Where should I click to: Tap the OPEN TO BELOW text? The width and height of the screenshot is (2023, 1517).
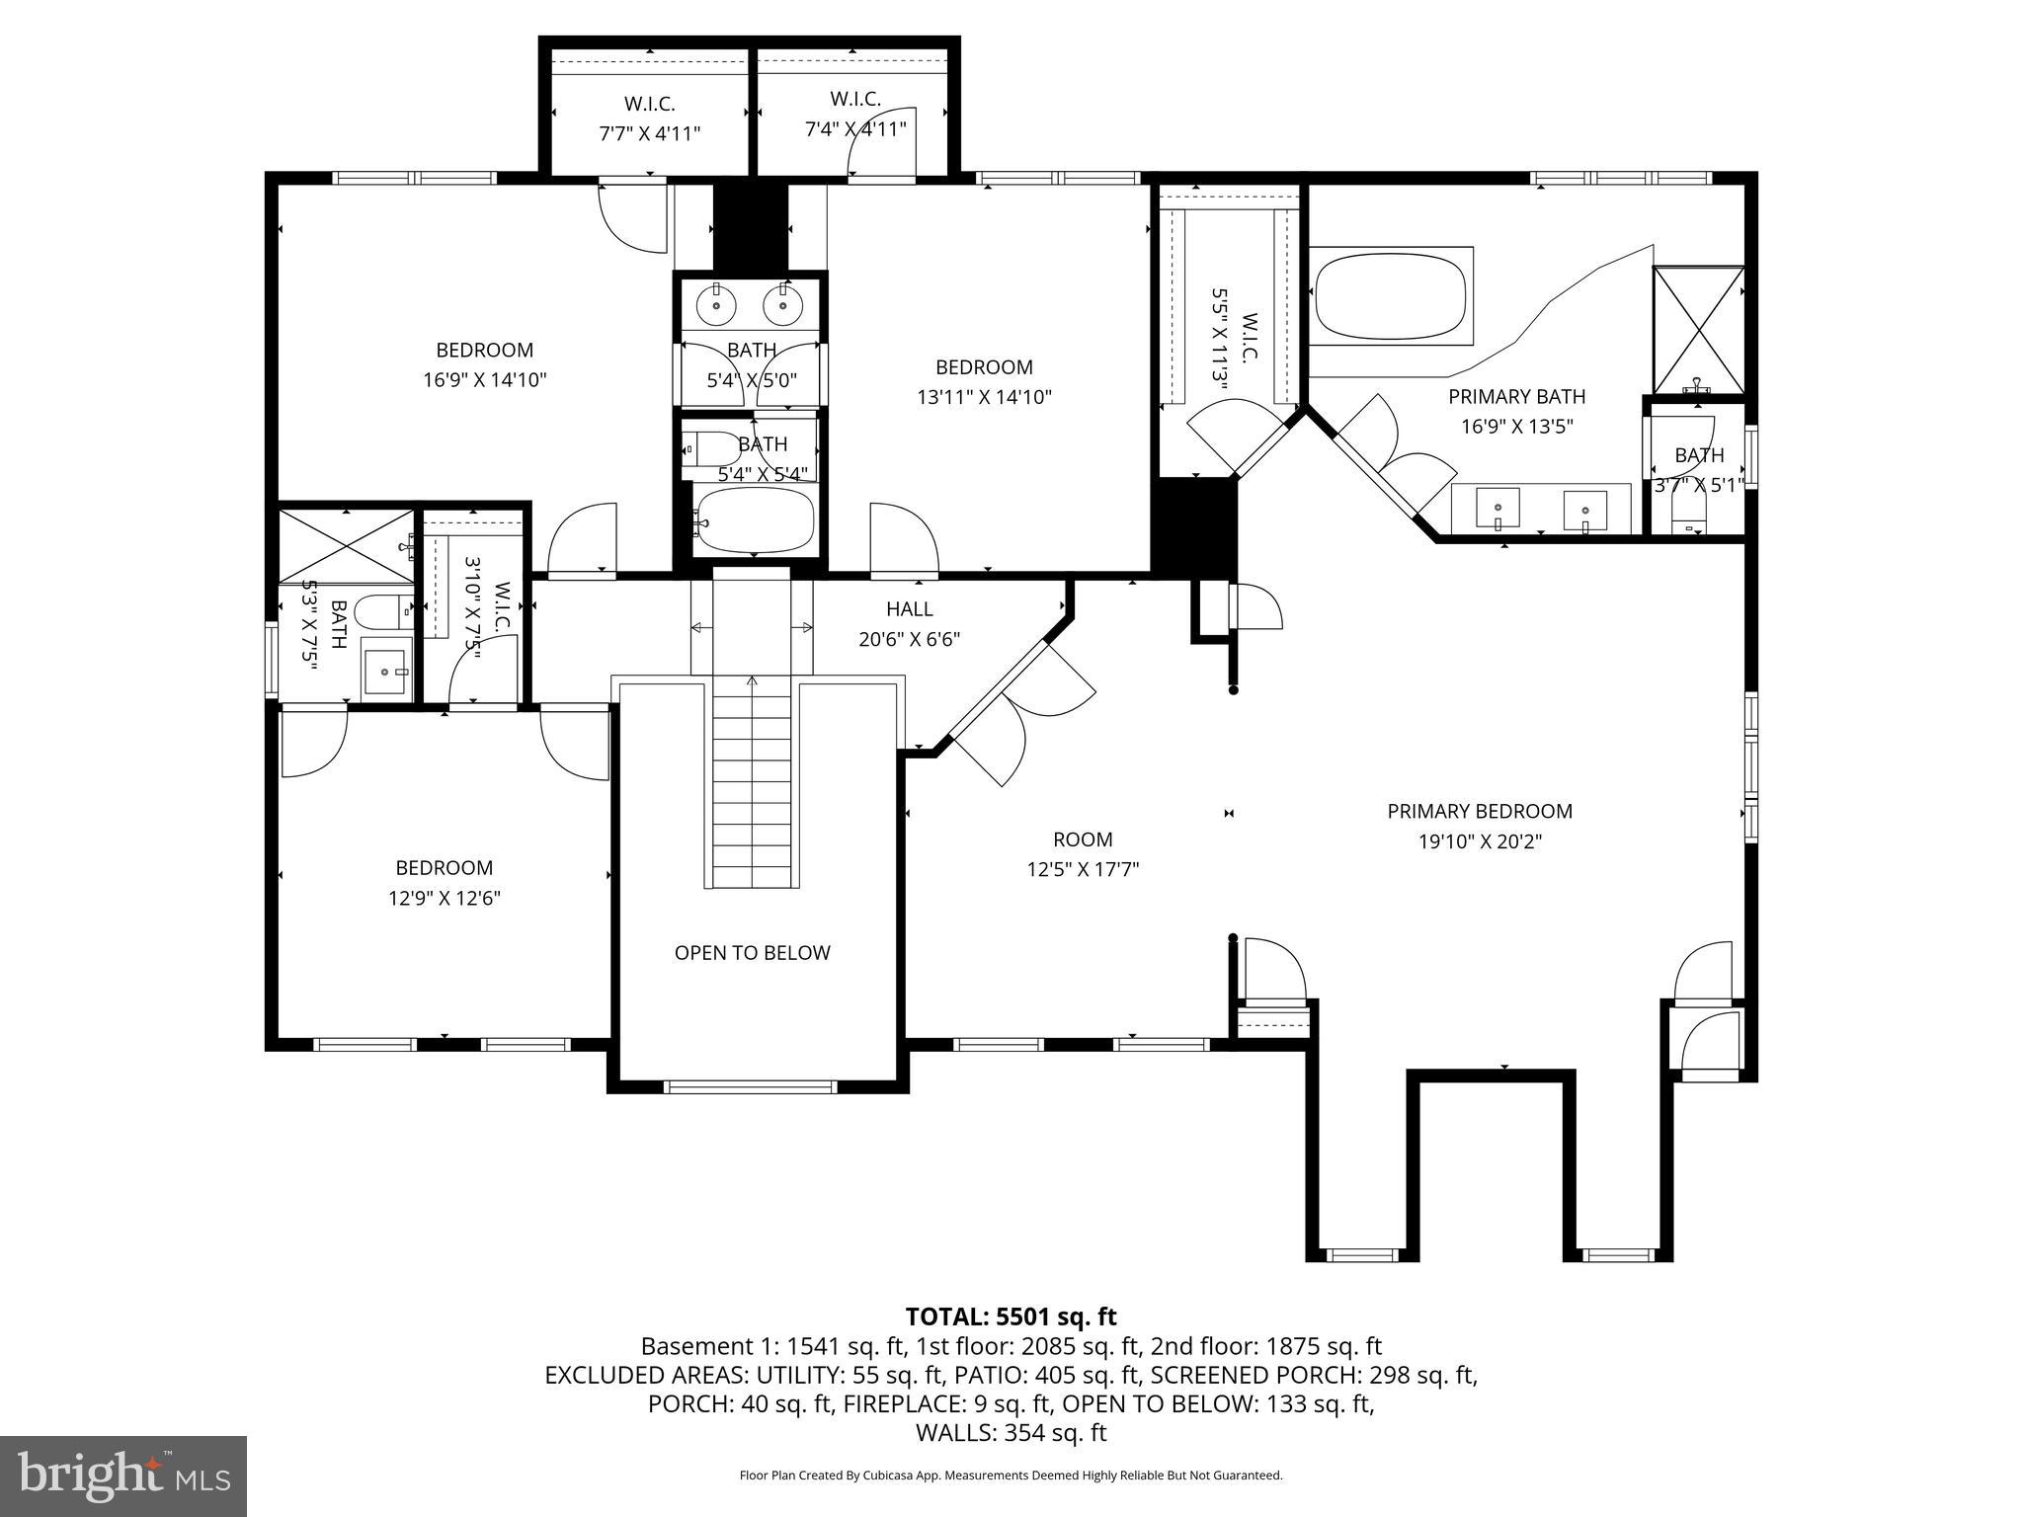tap(752, 952)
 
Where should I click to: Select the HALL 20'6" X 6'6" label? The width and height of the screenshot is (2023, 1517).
tap(909, 624)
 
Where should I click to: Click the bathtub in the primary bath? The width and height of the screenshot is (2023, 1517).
tap(1391, 296)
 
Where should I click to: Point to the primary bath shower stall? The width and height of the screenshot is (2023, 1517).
tap(1698, 330)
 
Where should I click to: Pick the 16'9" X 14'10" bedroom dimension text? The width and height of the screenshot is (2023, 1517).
tap(484, 380)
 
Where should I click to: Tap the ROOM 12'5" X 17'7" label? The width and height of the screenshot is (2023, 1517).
tap(1083, 854)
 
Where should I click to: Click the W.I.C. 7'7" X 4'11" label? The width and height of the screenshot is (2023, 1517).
tap(649, 119)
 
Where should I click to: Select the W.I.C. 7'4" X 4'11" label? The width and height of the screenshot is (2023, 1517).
tap(854, 114)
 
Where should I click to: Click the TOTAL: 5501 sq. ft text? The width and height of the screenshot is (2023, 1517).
tap(1011, 1317)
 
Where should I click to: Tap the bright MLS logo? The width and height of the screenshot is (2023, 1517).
tap(123, 1477)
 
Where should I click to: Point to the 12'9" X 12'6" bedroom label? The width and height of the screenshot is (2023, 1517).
tap(444, 883)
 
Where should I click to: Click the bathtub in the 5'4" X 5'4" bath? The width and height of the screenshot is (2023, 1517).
tap(756, 519)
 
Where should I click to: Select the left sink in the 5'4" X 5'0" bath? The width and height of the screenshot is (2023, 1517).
tap(715, 306)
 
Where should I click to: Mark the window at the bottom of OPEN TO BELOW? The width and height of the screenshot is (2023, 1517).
tap(751, 1086)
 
